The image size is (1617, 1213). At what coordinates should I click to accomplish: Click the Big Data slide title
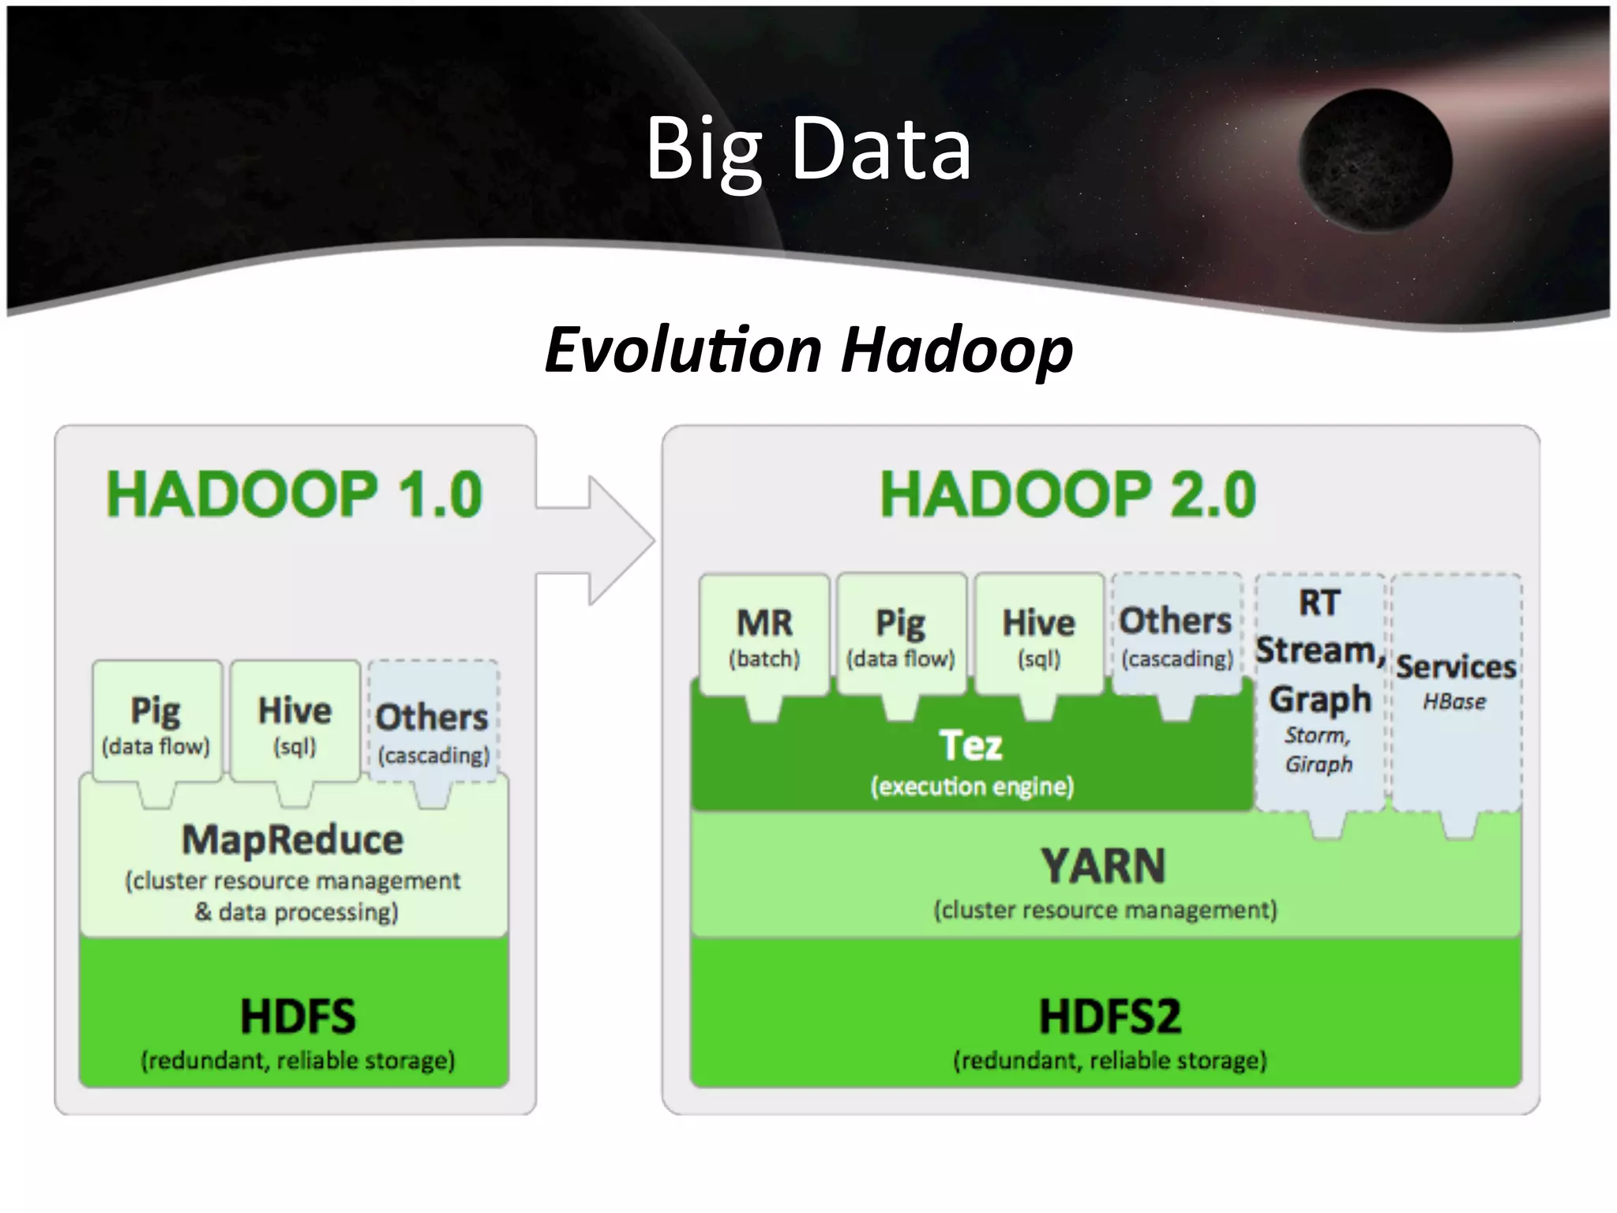coord(808,148)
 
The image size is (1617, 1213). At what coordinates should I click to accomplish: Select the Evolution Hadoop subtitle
coord(808,350)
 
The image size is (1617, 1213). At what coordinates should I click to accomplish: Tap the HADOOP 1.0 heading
coord(294,494)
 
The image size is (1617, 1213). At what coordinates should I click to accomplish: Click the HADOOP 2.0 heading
coord(1067,494)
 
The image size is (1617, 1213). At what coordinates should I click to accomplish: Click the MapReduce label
coord(293,839)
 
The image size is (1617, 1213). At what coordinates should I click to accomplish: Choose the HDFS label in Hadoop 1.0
coord(298,1016)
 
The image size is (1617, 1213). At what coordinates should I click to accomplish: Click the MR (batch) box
coord(764,636)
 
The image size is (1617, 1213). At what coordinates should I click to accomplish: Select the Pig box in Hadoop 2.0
coord(901,636)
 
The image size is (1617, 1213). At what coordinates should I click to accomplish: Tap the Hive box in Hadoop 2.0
coord(1039,636)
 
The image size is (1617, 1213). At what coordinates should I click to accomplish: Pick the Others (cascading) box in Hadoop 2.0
coord(1176,636)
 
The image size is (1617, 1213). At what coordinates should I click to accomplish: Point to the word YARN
coord(1104,866)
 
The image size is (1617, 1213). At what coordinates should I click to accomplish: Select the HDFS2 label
coord(1109,1016)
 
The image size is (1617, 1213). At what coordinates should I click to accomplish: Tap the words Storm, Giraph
coord(1319,749)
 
